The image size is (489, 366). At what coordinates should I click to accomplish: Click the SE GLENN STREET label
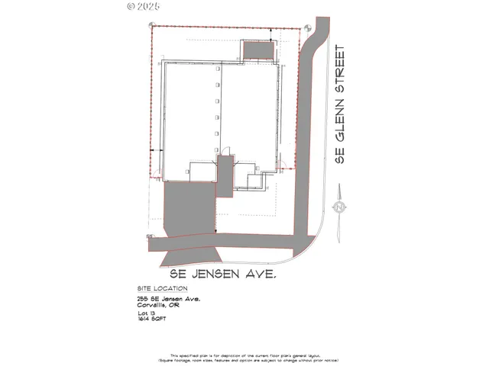(x=340, y=104)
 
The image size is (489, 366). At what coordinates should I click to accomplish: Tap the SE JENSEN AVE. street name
(x=216, y=271)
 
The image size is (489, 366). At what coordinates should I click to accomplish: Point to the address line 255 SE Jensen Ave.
(x=164, y=299)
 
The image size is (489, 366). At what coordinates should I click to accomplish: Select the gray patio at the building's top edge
(x=257, y=49)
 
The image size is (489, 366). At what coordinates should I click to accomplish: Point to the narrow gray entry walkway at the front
(x=225, y=176)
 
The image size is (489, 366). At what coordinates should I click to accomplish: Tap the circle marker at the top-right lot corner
(x=303, y=27)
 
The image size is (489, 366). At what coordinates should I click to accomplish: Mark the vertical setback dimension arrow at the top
(x=274, y=34)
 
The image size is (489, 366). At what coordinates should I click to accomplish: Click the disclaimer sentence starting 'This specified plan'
(x=244, y=355)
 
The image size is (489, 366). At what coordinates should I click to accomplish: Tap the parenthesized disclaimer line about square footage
(x=244, y=360)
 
